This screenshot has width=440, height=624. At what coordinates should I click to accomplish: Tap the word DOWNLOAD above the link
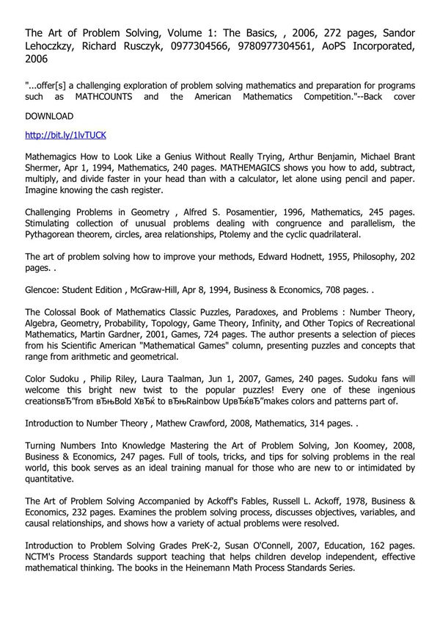click(x=49, y=116)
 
